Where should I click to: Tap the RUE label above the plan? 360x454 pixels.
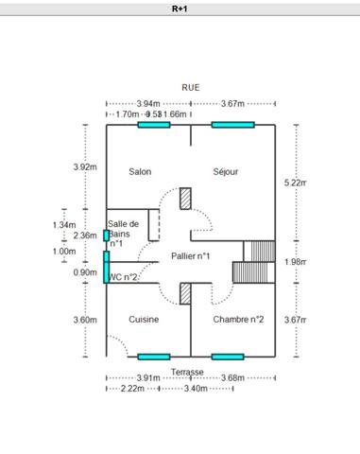(x=191, y=86)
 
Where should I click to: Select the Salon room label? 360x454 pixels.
(x=141, y=171)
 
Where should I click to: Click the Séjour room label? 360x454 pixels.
(x=226, y=171)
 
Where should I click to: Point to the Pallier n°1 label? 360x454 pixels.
(x=190, y=255)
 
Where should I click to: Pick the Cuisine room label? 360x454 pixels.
(x=144, y=320)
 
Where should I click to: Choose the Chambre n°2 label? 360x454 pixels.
(x=238, y=320)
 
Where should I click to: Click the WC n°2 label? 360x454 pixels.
(x=124, y=277)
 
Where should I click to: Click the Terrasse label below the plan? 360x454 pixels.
(x=187, y=373)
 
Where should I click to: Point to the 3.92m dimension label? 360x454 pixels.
(x=85, y=167)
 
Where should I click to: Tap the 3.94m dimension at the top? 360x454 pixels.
(x=147, y=103)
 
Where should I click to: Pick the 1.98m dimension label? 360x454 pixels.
(x=296, y=262)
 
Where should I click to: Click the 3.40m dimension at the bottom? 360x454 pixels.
(x=197, y=389)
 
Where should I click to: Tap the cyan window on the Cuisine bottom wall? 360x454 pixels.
(x=153, y=357)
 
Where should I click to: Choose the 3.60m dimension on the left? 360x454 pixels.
(x=85, y=320)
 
